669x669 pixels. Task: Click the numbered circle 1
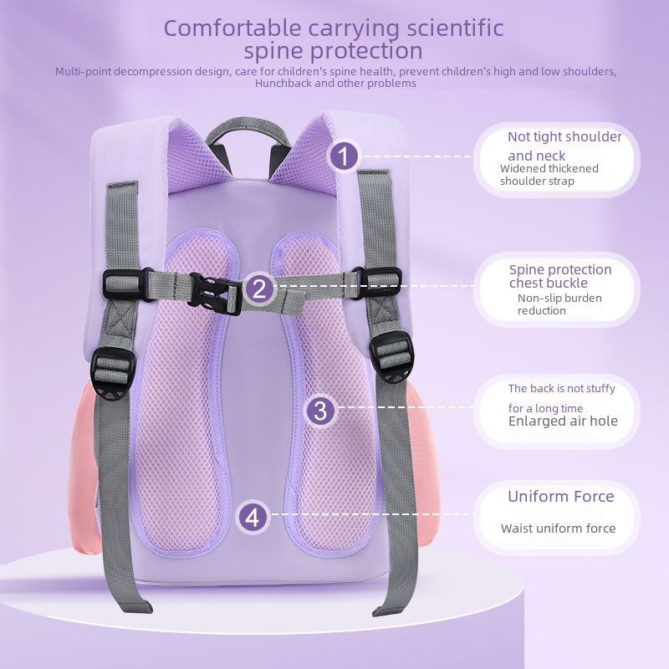pos(344,156)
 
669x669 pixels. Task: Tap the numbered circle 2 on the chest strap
pos(258,289)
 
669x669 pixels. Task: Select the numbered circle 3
pos(320,411)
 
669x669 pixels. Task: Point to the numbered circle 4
pos(254,516)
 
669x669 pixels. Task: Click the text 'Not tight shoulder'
pos(564,137)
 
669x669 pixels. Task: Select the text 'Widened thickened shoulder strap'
pos(549,175)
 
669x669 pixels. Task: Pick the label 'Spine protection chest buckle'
pos(560,276)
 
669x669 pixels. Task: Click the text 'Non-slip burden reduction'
pos(559,304)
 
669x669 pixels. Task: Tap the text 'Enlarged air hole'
pos(563,421)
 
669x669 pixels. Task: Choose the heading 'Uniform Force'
pos(560,497)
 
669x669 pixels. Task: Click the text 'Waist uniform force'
pos(558,529)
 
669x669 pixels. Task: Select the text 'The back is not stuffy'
pos(561,389)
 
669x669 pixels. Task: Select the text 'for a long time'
pos(545,408)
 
